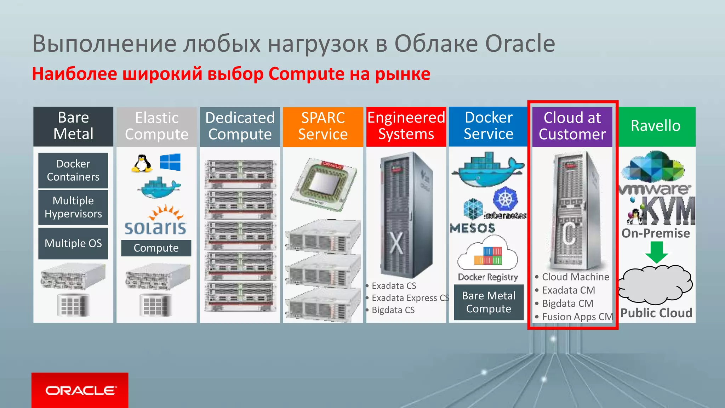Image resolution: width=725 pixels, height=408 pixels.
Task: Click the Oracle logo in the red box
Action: click(80, 390)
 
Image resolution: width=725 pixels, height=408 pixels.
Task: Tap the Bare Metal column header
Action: click(73, 126)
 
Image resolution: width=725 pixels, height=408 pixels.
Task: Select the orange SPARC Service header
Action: click(323, 126)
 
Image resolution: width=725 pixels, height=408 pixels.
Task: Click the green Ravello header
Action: click(656, 126)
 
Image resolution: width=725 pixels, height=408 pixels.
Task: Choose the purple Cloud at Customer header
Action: click(572, 126)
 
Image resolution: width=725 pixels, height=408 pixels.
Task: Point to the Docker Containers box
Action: click(73, 170)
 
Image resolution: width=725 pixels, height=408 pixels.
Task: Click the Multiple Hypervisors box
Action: click(73, 207)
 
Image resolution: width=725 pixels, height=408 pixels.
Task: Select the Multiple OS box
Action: click(73, 243)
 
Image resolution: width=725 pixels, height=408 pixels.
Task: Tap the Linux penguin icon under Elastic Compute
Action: click(142, 164)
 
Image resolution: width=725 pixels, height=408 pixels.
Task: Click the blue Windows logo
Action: click(170, 162)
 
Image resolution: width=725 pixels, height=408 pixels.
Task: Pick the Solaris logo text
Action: click(156, 228)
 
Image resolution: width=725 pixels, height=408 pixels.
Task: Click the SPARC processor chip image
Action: click(324, 184)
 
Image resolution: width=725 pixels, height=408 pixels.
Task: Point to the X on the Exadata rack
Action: click(396, 243)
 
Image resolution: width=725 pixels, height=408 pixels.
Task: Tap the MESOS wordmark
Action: click(473, 228)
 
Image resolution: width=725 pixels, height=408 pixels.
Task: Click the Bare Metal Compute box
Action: click(489, 302)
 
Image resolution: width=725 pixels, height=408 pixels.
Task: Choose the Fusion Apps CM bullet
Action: click(577, 317)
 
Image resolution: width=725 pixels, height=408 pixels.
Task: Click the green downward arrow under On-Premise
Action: click(657, 252)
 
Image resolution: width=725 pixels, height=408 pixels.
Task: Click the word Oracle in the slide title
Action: click(520, 44)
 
